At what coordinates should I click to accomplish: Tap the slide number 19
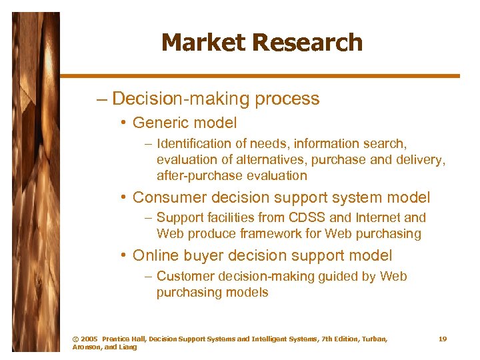pyautogui.click(x=443, y=339)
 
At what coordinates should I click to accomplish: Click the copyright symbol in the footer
pyautogui.click(x=75, y=339)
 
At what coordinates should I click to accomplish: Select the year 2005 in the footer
pyautogui.click(x=89, y=339)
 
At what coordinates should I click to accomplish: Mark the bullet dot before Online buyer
pyautogui.click(x=125, y=256)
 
